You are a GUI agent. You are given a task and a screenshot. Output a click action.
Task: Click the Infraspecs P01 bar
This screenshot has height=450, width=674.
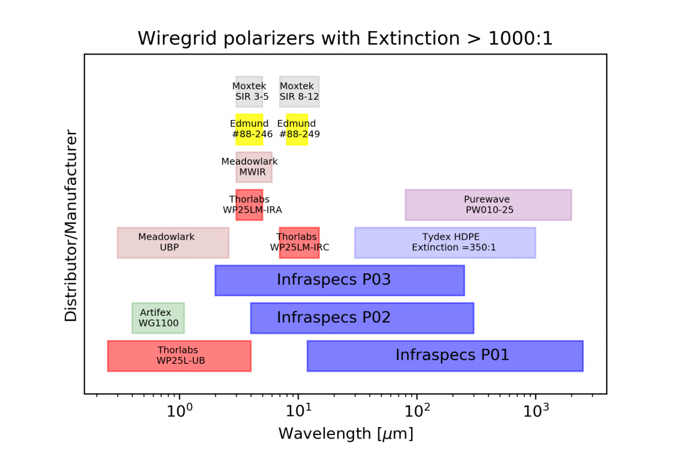tap(445, 356)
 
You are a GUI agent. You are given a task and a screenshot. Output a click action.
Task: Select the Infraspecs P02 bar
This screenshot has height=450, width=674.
tap(362, 318)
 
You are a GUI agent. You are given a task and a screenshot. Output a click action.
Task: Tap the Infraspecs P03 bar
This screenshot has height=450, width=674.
tap(340, 281)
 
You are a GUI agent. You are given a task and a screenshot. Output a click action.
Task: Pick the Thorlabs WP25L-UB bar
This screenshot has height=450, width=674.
tap(179, 356)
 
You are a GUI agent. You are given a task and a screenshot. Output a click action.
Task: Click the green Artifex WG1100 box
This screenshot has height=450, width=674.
tap(158, 318)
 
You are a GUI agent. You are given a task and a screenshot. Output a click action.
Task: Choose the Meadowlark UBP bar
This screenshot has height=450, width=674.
tap(173, 243)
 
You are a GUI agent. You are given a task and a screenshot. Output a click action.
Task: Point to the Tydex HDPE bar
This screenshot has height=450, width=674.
tap(445, 243)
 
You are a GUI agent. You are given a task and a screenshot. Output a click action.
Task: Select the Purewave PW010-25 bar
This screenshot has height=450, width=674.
tap(488, 205)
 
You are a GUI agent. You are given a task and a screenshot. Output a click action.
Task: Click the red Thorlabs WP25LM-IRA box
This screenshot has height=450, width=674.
tap(249, 205)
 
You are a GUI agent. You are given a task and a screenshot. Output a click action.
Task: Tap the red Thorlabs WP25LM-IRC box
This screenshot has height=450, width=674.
tap(299, 243)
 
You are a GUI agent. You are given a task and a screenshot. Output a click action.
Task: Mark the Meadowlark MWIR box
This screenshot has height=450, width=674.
tap(253, 167)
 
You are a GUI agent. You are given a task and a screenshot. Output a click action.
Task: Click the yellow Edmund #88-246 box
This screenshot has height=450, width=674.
tap(249, 130)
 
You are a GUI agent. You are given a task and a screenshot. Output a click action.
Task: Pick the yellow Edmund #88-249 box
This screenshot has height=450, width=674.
tap(297, 130)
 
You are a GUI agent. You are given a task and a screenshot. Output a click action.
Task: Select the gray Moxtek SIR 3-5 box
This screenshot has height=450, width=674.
tap(249, 92)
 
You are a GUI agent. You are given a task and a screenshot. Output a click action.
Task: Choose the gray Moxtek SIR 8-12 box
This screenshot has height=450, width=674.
tap(299, 92)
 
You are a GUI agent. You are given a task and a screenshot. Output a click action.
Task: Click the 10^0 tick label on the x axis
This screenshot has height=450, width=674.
tap(180, 411)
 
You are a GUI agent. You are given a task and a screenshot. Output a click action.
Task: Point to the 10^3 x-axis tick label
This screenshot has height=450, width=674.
tap(536, 411)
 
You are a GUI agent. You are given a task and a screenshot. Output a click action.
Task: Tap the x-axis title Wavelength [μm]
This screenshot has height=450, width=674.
tap(346, 433)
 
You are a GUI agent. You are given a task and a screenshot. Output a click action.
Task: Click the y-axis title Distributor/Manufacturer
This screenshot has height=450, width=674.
tap(71, 225)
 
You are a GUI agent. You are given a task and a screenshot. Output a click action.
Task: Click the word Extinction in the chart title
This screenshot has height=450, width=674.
tap(413, 38)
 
